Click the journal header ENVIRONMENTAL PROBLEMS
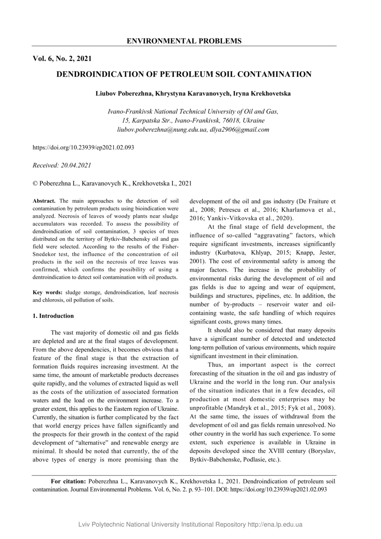pyautogui.click(x=184, y=41)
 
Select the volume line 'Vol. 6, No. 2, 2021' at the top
pyautogui.click(x=62, y=58)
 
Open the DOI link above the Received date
pyautogui.click(x=83, y=147)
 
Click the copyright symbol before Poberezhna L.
pyautogui.click(x=35, y=184)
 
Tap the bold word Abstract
pyautogui.click(x=44, y=201)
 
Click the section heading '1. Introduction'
pyautogui.click(x=53, y=316)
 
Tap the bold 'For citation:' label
pyautogui.click(x=68, y=481)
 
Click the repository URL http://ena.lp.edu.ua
pyautogui.click(x=275, y=525)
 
